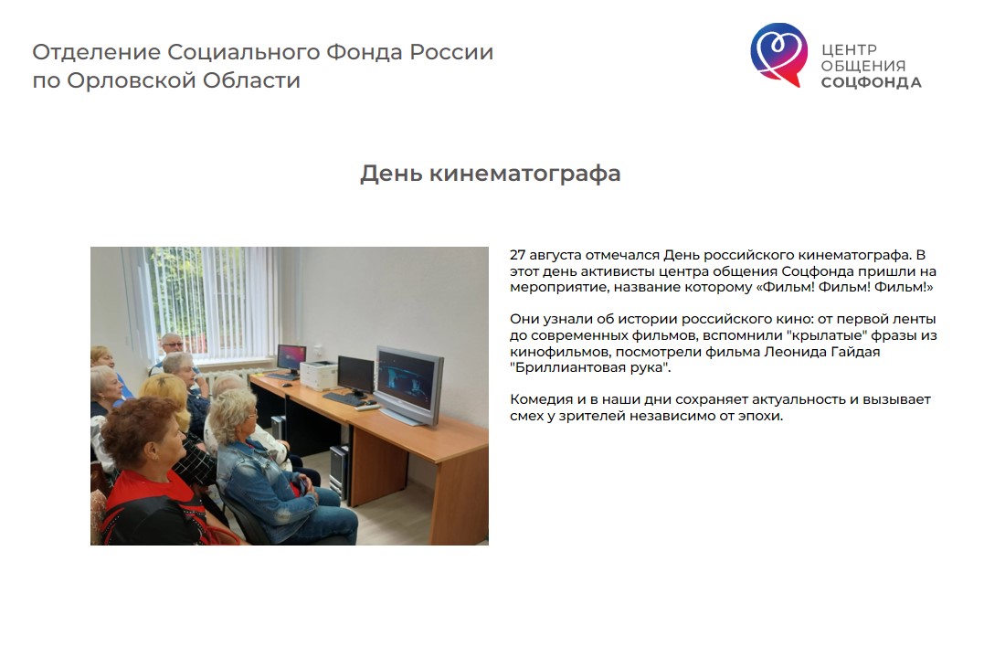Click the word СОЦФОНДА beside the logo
tap(871, 82)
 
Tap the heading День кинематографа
tap(490, 174)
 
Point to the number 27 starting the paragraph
tap(517, 255)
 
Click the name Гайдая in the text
tap(855, 352)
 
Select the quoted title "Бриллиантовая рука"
tap(590, 367)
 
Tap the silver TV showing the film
tap(408, 384)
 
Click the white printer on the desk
tap(318, 375)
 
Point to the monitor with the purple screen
tap(291, 359)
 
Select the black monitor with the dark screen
tap(355, 376)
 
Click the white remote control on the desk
tap(367, 407)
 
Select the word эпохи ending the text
tap(763, 416)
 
